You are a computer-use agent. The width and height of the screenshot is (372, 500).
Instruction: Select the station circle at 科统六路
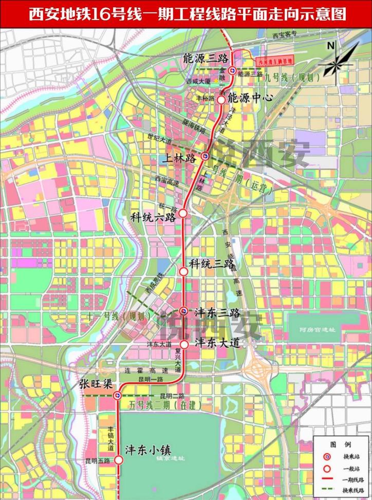tap(182, 212)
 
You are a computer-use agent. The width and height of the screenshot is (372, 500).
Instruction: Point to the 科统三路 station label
tap(207, 264)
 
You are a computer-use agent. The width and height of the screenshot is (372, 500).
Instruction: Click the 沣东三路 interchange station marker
tap(183, 310)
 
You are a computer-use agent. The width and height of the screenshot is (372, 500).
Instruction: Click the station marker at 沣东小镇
tap(118, 460)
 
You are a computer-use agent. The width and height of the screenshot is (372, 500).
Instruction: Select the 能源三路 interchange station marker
tap(233, 71)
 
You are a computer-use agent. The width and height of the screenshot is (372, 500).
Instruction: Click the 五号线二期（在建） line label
tap(160, 405)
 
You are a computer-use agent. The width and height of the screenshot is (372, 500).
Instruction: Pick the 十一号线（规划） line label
tap(119, 316)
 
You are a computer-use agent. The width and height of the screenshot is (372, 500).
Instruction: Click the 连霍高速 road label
tap(146, 371)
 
